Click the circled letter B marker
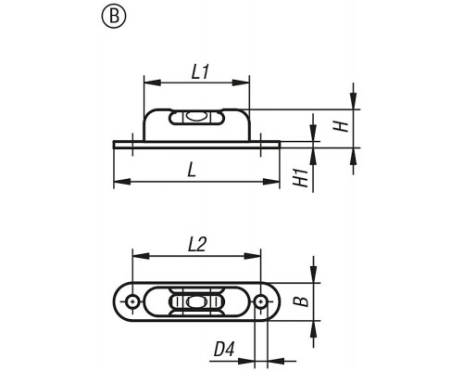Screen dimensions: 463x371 coord(114,16)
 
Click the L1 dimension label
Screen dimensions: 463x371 coord(200,72)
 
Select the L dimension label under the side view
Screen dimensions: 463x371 coord(192,170)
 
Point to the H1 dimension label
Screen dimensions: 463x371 coord(301,178)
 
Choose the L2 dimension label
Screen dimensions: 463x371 coord(196,245)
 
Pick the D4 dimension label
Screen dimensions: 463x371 coord(224,350)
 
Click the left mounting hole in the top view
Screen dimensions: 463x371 coord(132,301)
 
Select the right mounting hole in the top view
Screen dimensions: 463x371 coord(261,301)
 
